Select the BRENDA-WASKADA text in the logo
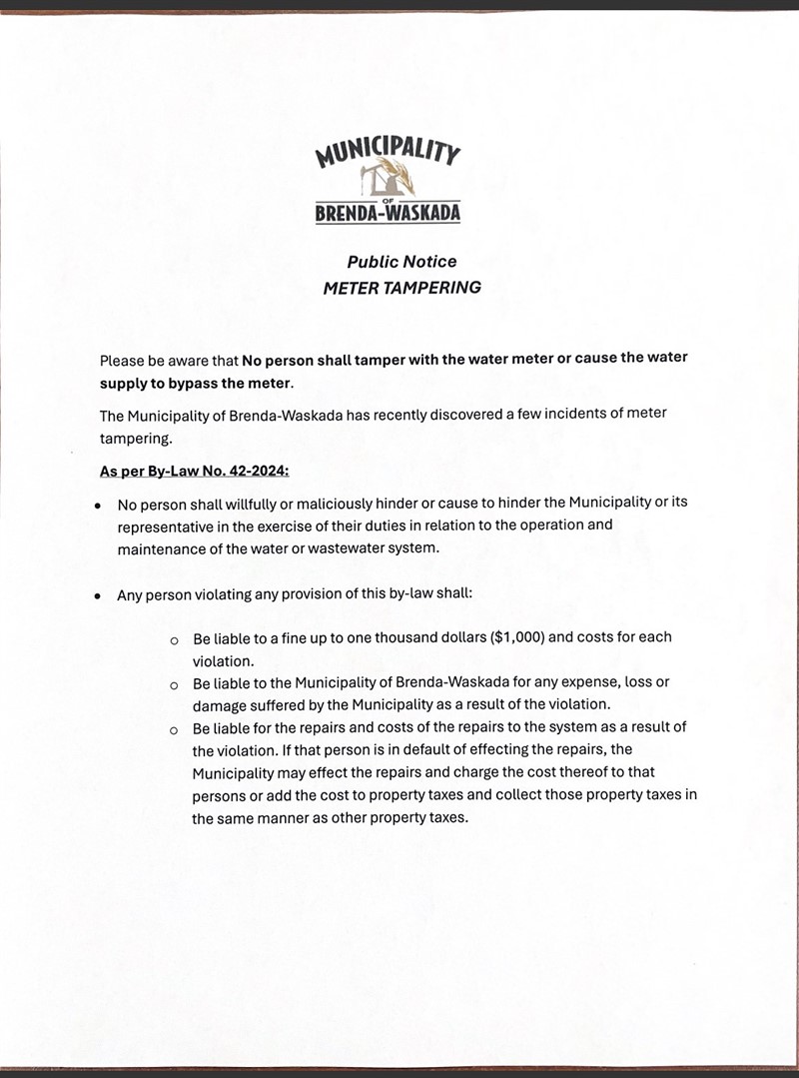coord(388,213)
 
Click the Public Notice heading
coord(401,262)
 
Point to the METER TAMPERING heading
coord(401,288)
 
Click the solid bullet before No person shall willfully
coord(97,503)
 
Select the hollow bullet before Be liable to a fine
coord(174,638)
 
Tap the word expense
coord(589,682)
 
